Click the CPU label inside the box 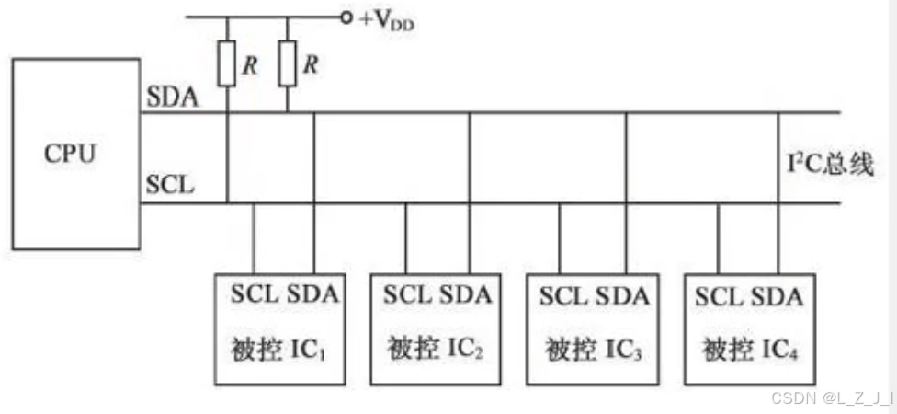[70, 153]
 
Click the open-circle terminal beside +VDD [346, 17]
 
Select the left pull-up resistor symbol [227, 64]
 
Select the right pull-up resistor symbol [288, 64]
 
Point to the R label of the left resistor [249, 64]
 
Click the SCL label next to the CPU [170, 185]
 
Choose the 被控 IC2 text [435, 351]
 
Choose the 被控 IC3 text [591, 351]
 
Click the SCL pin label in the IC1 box [252, 296]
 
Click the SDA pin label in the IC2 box [465, 296]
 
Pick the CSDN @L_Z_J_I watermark [832, 397]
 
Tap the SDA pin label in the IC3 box [622, 296]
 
